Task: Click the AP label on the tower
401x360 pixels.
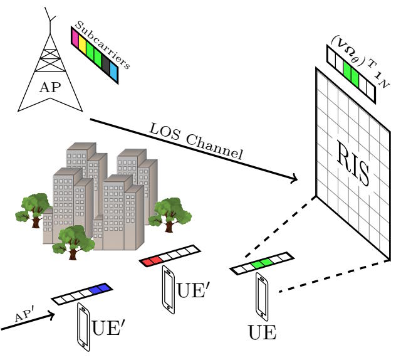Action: coord(50,87)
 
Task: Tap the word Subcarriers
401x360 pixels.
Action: coord(103,45)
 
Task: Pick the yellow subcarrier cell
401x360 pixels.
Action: coord(82,44)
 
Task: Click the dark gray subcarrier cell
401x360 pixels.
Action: coord(106,65)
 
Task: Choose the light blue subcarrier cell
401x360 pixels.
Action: coord(114,72)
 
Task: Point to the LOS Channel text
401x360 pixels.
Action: coord(195,141)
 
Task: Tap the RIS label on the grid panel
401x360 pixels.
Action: coord(353,162)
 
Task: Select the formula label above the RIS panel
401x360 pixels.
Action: coord(360,61)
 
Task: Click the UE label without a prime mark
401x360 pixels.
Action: coord(263,332)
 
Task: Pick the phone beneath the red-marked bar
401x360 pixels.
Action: coord(169,290)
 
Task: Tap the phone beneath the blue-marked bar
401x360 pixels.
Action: coord(83,327)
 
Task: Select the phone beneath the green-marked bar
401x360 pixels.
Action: coord(262,297)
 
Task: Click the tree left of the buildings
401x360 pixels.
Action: coord(33,210)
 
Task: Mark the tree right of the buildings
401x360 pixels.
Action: coord(170,215)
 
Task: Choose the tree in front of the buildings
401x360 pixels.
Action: coord(73,242)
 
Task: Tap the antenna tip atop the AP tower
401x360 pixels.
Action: coord(45,8)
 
